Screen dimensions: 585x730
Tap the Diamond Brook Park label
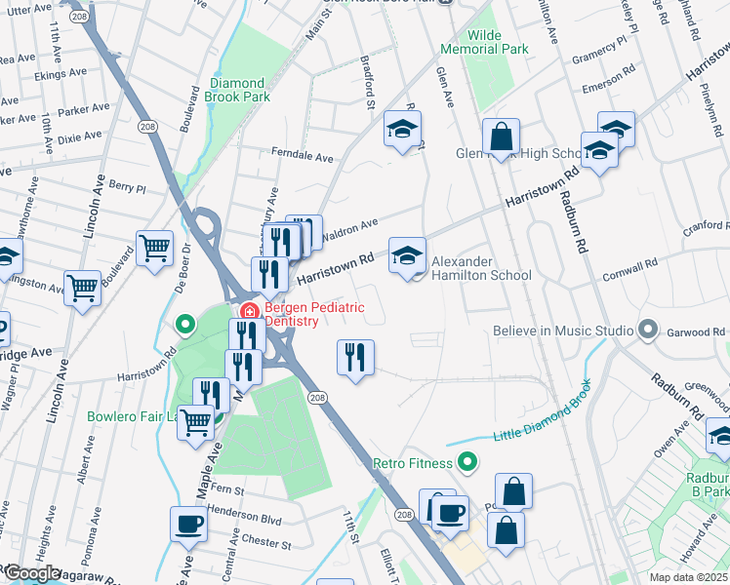(237, 91)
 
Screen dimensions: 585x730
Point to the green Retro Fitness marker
(467, 462)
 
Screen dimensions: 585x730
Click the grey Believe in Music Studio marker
(646, 331)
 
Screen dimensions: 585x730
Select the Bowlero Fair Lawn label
(127, 416)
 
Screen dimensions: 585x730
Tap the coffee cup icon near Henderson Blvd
(188, 524)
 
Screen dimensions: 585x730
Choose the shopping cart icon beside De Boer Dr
(155, 249)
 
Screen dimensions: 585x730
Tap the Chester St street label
(265, 543)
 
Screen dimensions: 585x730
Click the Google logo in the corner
(32, 573)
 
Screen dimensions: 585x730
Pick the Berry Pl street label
(127, 187)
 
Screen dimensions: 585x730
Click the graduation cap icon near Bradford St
(401, 130)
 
